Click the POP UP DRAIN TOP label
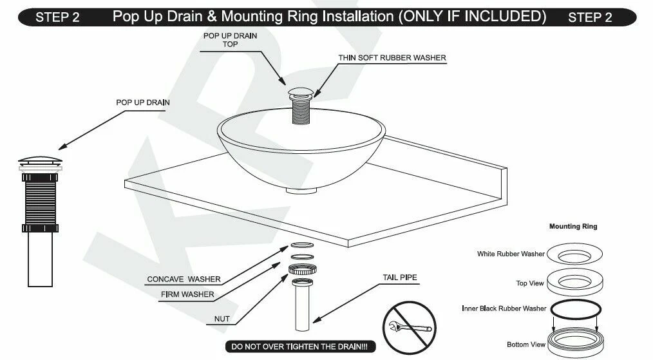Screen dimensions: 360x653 230,40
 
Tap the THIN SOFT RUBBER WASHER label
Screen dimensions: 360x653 392,58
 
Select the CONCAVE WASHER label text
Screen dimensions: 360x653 184,279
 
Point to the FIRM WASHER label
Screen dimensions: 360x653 188,294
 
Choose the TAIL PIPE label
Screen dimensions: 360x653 400,278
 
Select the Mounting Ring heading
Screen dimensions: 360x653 573,227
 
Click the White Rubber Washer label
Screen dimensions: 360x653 511,254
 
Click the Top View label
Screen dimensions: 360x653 529,283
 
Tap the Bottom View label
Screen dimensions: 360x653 526,345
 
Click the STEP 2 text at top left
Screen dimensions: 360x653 57,17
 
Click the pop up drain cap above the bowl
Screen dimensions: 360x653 299,90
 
